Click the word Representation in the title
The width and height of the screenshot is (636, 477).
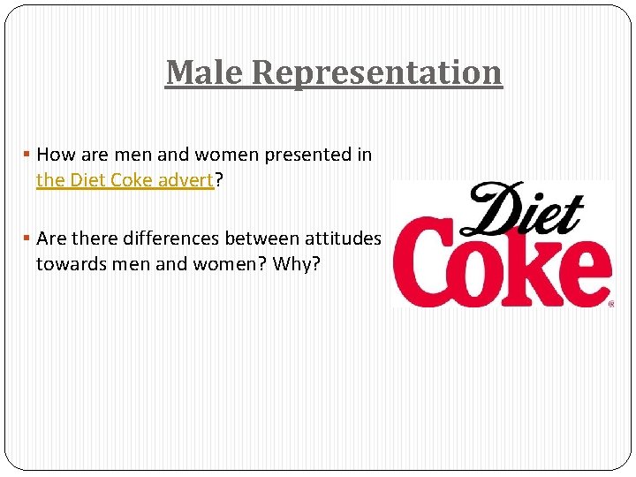click(376, 72)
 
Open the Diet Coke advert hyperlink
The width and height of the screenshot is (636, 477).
click(125, 180)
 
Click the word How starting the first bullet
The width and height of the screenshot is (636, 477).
click(56, 155)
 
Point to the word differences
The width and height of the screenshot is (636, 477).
click(168, 238)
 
